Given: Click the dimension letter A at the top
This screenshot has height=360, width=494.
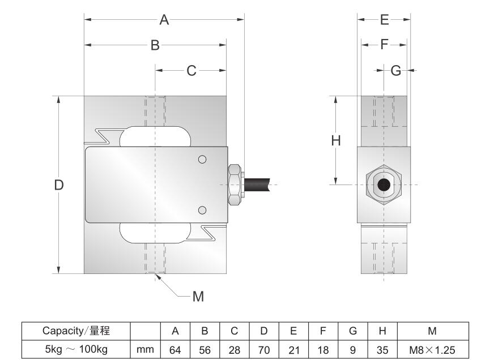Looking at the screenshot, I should tap(164, 20).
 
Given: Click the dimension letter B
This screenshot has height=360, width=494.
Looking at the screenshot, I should tap(155, 45).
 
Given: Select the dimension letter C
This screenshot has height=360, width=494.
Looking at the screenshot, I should tap(191, 71).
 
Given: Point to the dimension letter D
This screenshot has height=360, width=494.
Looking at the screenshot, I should tap(59, 185).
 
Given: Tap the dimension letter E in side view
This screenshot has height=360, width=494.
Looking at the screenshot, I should tap(384, 20).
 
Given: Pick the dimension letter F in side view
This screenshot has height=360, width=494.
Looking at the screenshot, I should tap(385, 45).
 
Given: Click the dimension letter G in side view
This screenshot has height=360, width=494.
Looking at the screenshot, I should tap(396, 71).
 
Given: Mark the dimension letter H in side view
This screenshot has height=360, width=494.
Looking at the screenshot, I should tap(336, 140).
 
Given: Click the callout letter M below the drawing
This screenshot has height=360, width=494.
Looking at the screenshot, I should tap(198, 296).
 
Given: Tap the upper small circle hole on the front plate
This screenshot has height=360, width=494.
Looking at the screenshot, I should tap(202, 159).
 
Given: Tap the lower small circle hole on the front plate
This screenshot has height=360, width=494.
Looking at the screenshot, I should tap(202, 211).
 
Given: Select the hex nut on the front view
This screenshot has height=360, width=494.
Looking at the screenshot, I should tap(235, 185).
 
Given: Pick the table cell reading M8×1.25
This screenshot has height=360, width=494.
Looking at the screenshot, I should tap(433, 350).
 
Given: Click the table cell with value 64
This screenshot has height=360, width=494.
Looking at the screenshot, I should tap(176, 350).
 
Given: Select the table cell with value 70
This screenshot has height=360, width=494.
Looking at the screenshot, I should tap(264, 350).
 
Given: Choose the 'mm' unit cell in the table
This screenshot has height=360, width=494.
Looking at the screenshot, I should tap(146, 350).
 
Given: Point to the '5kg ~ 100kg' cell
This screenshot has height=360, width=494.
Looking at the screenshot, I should tap(76, 350).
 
